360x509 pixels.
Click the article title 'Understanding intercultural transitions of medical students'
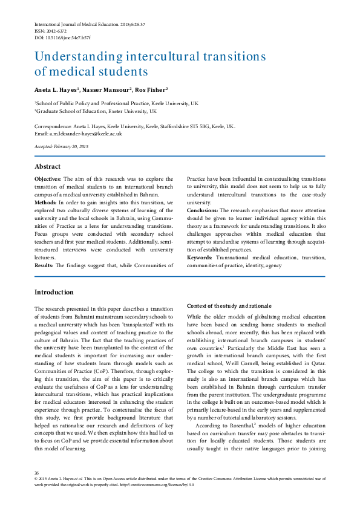(150, 64)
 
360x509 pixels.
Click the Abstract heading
(47, 166)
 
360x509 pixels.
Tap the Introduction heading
(54, 292)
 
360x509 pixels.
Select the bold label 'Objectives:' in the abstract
(47, 179)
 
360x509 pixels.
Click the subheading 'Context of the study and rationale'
(229, 306)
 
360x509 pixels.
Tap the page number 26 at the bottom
(37, 473)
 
